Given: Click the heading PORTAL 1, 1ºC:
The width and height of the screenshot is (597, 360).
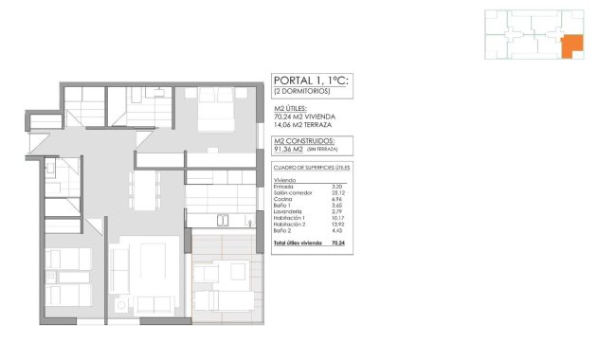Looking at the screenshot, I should (x=310, y=82).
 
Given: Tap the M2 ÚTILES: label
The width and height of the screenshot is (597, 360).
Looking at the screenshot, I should (x=290, y=109).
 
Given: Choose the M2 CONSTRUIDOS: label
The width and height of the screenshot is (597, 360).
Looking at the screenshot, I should (x=300, y=141).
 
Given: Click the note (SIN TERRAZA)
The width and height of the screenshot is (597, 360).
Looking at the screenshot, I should (x=320, y=150).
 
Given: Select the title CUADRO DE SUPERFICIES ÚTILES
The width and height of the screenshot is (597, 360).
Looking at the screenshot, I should (x=311, y=168).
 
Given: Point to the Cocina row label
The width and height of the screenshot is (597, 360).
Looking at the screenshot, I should (x=281, y=200).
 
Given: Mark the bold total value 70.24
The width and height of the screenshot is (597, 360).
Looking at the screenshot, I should (x=338, y=243).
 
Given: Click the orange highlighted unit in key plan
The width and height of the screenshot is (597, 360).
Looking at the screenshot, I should (x=570, y=46).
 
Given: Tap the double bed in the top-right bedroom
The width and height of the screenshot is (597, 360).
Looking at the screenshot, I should (x=219, y=112).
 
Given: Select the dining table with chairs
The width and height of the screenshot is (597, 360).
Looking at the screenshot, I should (x=147, y=189).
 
